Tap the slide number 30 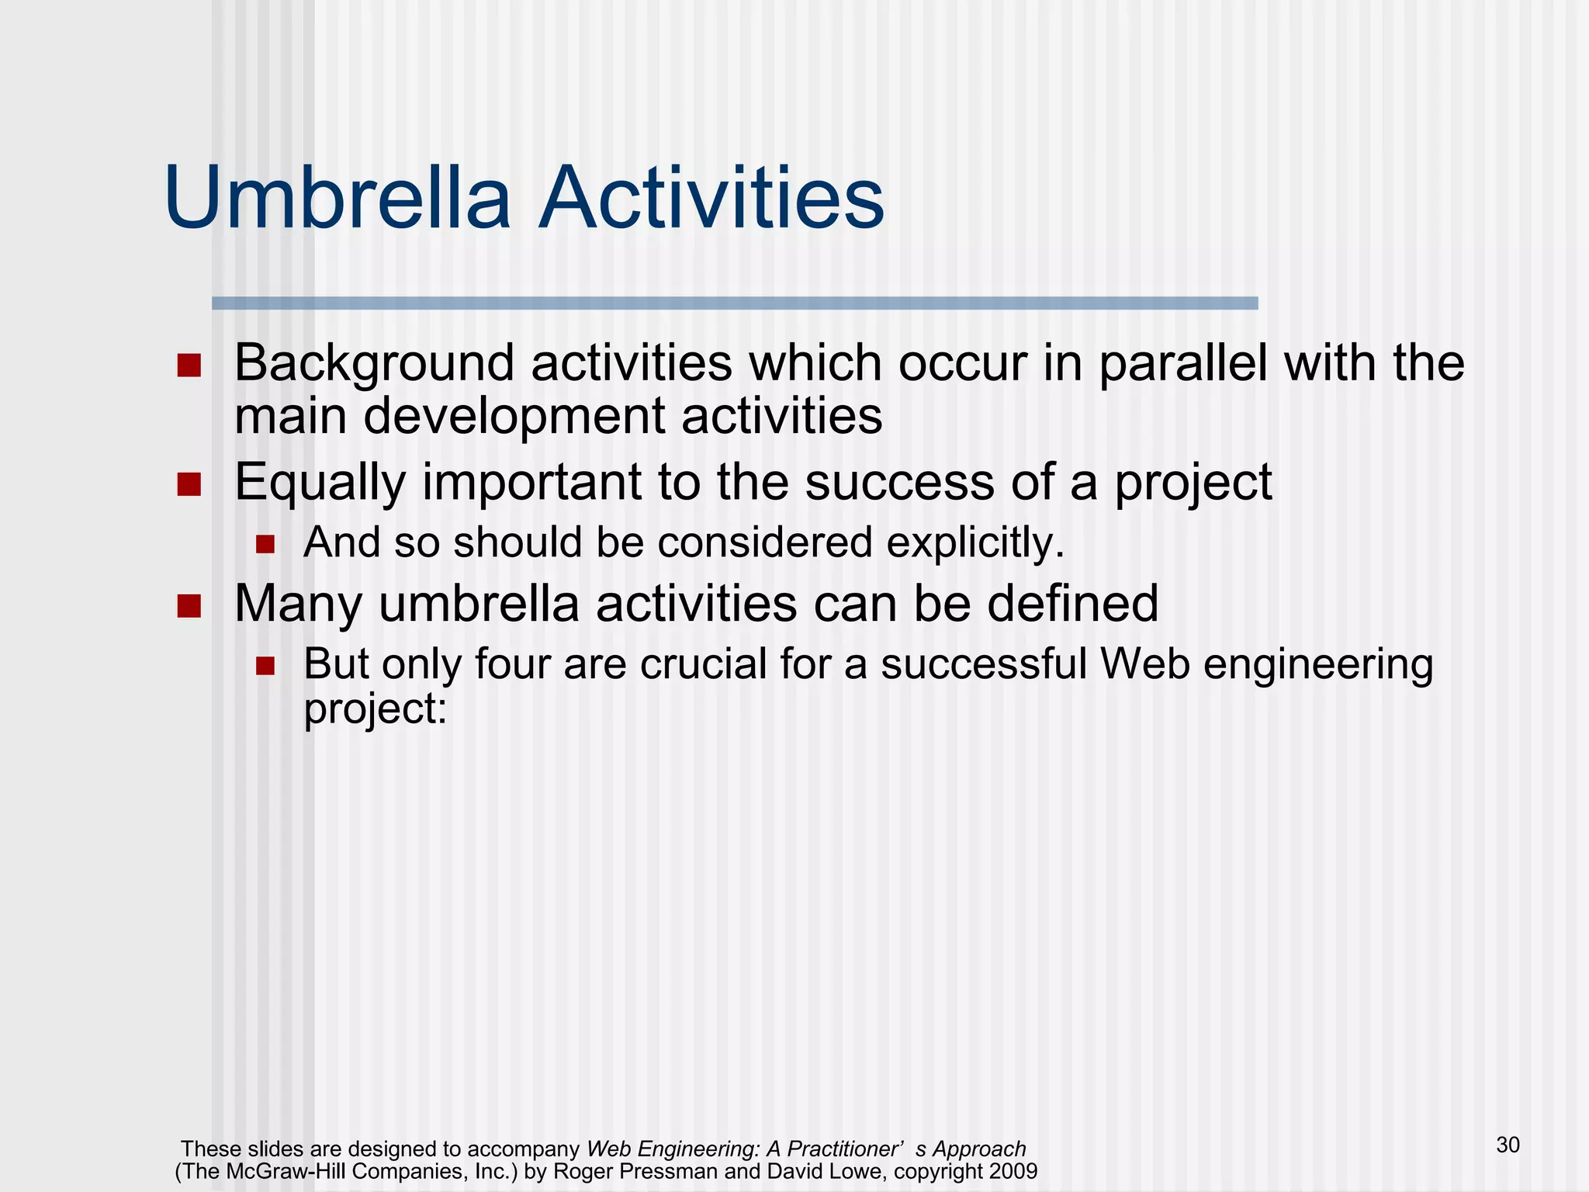pyautogui.click(x=1508, y=1145)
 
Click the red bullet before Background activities pyautogui.click(x=189, y=366)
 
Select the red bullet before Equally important pyautogui.click(x=189, y=485)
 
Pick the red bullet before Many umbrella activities pyautogui.click(x=189, y=606)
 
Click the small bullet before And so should pyautogui.click(x=265, y=544)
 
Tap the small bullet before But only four pyautogui.click(x=265, y=666)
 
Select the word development pyautogui.click(x=514, y=417)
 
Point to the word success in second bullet pyautogui.click(x=899, y=483)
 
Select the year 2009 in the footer pyautogui.click(x=1013, y=1171)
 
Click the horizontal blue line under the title pyautogui.click(x=734, y=303)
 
